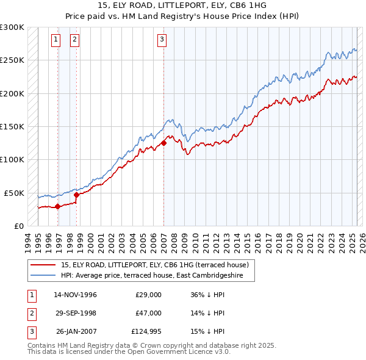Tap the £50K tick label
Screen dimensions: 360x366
click(x=15, y=193)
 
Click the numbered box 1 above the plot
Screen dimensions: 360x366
click(x=56, y=40)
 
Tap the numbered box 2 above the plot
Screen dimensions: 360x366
click(x=74, y=40)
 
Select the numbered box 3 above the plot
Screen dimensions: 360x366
click(x=162, y=40)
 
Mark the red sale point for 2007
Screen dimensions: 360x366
click(x=163, y=143)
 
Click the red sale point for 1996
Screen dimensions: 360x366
click(x=57, y=207)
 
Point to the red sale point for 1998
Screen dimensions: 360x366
click(x=76, y=195)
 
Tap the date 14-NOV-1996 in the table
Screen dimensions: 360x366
click(x=76, y=295)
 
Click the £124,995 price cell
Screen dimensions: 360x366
click(x=146, y=331)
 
